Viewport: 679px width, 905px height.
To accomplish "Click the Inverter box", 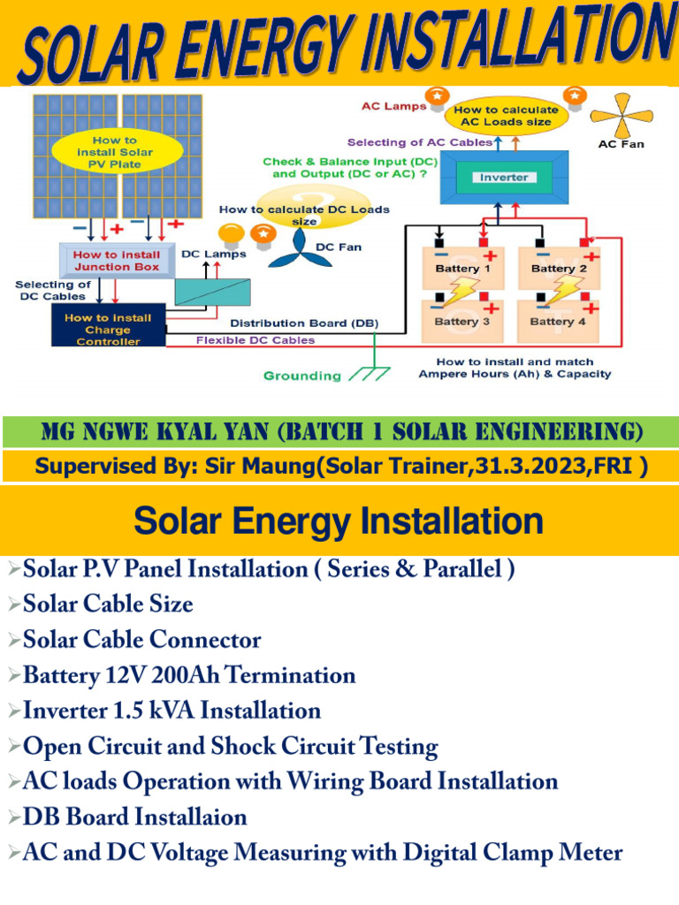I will point(503,177).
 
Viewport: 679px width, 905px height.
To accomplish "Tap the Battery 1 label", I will point(457,268).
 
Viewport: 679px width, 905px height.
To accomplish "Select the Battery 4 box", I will point(557,321).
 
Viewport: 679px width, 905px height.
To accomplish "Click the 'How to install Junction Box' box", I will point(117,260).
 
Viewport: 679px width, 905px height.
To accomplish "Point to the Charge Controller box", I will point(107,329).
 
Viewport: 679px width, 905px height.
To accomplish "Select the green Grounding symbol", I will point(369,374).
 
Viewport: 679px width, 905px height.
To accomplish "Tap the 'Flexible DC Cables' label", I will point(255,339).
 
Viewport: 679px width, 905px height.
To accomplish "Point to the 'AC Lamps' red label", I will point(393,106).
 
